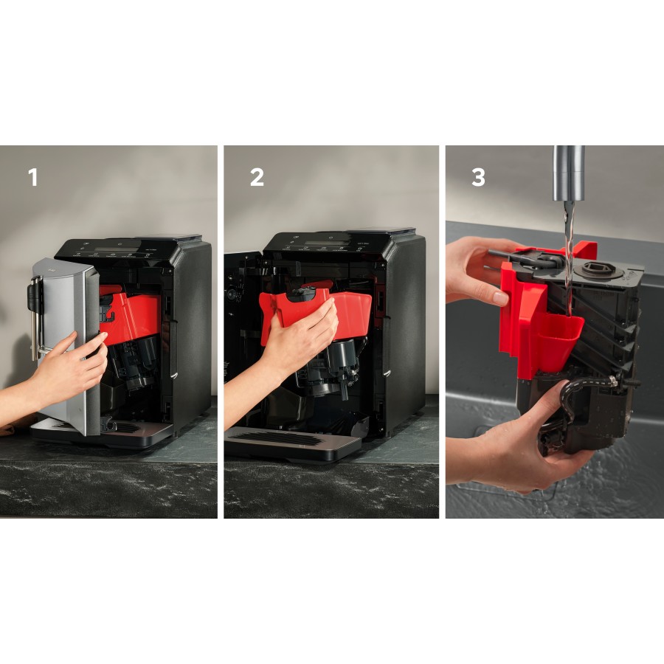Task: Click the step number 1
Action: [x=32, y=178]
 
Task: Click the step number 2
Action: [x=256, y=178]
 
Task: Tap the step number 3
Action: [x=478, y=178]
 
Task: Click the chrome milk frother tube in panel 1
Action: [x=35, y=317]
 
